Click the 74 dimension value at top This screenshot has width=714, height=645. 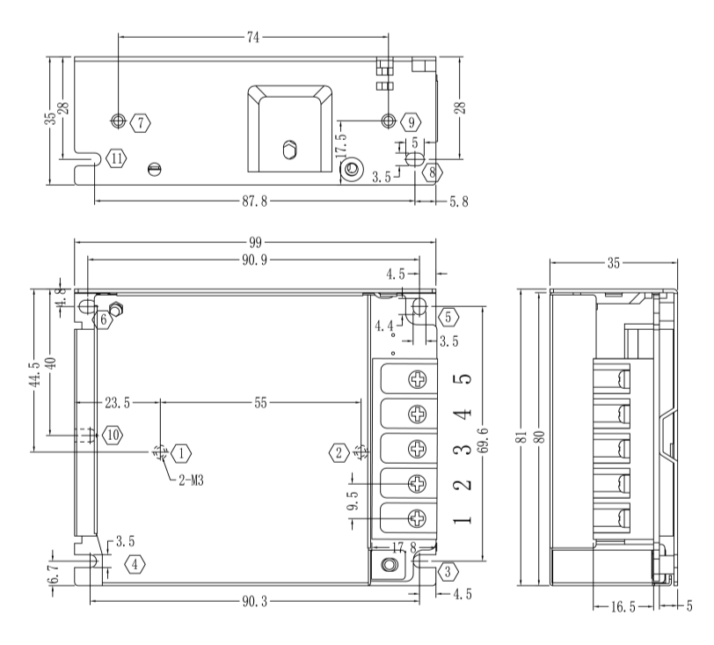click(x=252, y=38)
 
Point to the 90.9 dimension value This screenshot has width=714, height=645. click(x=255, y=260)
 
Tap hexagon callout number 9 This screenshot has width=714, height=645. click(x=411, y=121)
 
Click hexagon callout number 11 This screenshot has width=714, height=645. click(x=117, y=158)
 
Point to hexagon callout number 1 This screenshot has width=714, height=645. click(x=181, y=453)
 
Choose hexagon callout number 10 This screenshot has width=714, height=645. click(x=112, y=434)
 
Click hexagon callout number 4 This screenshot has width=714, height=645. click(x=134, y=564)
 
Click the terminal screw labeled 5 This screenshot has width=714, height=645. click(x=417, y=379)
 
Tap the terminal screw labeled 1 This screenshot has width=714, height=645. click(x=417, y=517)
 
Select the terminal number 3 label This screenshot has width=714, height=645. click(x=465, y=449)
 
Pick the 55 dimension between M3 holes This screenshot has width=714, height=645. click(x=260, y=403)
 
